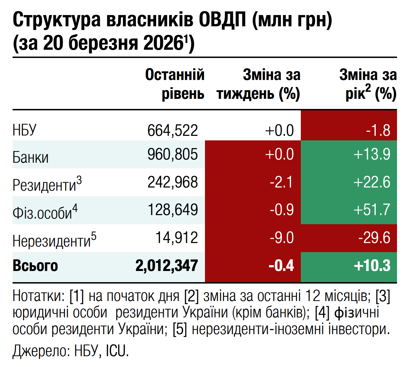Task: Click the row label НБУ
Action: pos(24,130)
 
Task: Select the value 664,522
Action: pos(173,130)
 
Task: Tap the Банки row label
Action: pos(31,157)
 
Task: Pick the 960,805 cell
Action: pos(173,154)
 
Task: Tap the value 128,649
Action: pos(173,210)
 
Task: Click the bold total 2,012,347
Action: pos(167,266)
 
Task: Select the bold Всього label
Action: pos(35,266)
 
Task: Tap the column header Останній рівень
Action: pos(175,84)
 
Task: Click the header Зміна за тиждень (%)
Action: pos(258,84)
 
